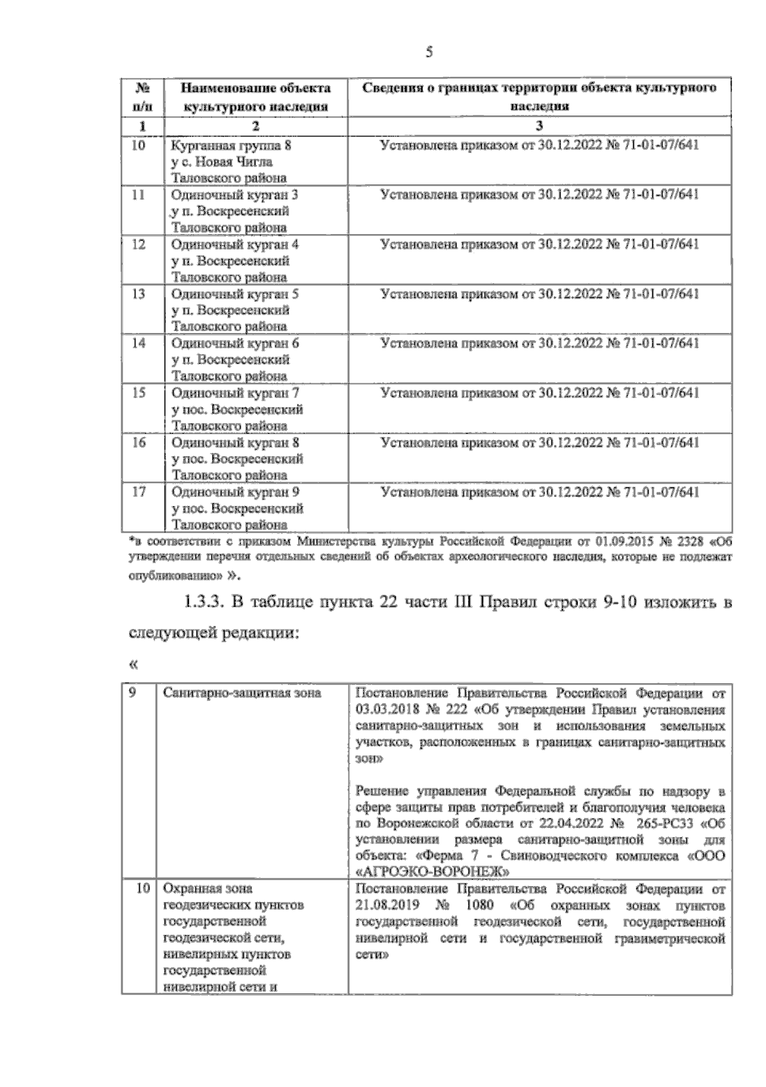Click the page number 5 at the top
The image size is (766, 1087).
coord(429,53)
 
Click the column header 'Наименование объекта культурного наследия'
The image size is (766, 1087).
coord(255,97)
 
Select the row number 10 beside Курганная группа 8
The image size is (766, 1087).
coord(139,145)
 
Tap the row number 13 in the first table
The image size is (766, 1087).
coord(139,294)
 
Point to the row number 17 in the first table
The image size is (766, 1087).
coord(139,492)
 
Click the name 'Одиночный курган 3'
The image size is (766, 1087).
coord(235,195)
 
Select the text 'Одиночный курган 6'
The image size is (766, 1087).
coord(235,343)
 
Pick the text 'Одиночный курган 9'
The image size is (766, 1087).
coord(235,492)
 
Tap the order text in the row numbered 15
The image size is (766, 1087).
coord(539,393)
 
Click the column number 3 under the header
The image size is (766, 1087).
coord(539,126)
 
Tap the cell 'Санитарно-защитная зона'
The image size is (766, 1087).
coord(243,693)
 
